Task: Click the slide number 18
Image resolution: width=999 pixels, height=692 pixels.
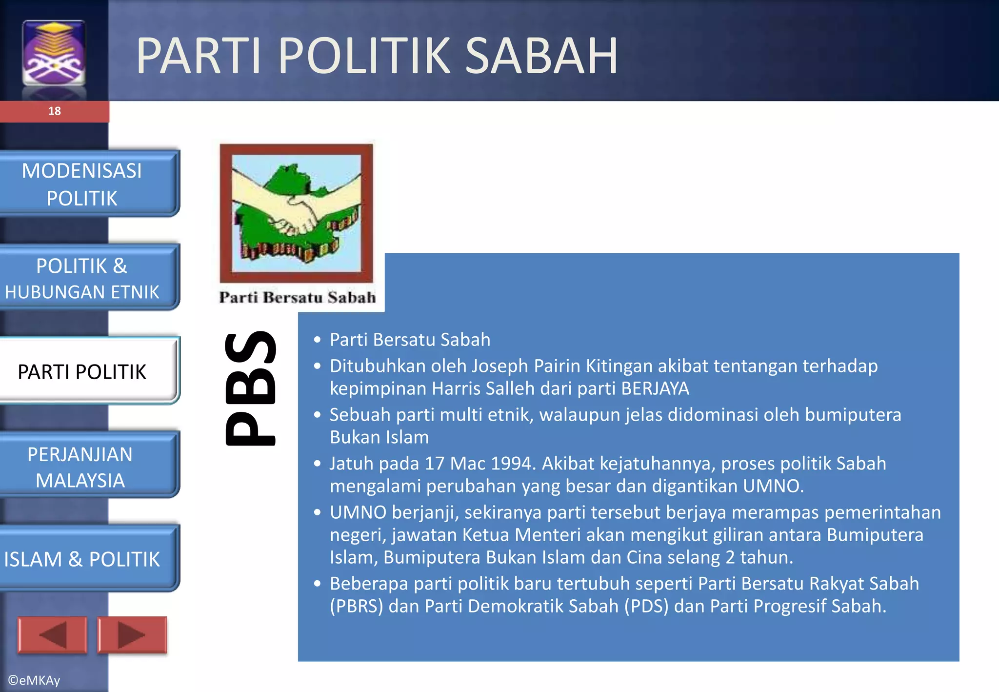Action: pyautogui.click(x=54, y=111)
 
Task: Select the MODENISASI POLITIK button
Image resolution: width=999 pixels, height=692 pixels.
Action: pyautogui.click(x=82, y=184)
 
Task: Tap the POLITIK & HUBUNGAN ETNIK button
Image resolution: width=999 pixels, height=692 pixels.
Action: pyautogui.click(x=82, y=278)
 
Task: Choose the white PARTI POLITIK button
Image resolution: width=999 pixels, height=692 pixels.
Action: pyautogui.click(x=82, y=372)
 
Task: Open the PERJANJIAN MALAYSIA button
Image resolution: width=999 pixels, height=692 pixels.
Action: pyautogui.click(x=80, y=467)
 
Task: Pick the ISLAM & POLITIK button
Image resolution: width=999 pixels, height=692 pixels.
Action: pyautogui.click(x=82, y=559)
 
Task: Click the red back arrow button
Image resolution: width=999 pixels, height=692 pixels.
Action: pyautogui.click(x=52, y=635)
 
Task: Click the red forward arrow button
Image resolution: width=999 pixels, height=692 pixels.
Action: pyautogui.click(x=132, y=635)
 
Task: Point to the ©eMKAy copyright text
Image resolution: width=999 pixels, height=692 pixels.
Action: pyautogui.click(x=34, y=680)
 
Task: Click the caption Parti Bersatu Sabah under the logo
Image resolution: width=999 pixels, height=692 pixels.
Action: pyautogui.click(x=297, y=297)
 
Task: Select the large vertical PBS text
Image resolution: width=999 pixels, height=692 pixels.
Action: pyautogui.click(x=250, y=388)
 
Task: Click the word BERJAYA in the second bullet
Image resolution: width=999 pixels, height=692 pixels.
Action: pyautogui.click(x=655, y=389)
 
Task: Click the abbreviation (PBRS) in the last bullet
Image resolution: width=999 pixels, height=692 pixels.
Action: pyautogui.click(x=356, y=607)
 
